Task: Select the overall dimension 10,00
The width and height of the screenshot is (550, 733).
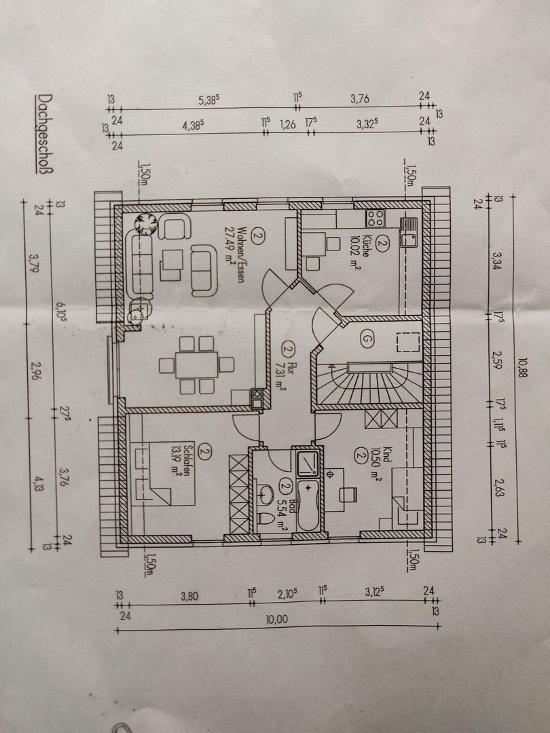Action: coord(277,620)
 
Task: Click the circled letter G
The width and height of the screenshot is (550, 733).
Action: coord(367,337)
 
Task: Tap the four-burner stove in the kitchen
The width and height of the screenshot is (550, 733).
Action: coord(374,218)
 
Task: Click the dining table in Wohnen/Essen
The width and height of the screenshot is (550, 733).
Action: coord(197,365)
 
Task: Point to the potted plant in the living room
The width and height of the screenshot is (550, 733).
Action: coord(144,223)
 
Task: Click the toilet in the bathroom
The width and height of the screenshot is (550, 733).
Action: coord(266,520)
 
